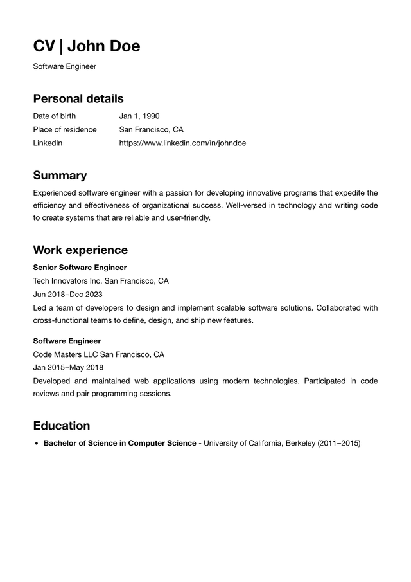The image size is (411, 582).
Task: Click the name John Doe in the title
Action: coord(103,46)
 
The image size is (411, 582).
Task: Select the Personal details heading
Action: coord(78,98)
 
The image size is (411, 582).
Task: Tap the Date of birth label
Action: coord(54,116)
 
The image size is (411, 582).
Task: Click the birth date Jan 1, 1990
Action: coord(139,116)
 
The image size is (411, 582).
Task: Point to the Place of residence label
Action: coord(65,130)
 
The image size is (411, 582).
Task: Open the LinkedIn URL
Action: coord(182,143)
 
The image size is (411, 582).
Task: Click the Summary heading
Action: coord(60,176)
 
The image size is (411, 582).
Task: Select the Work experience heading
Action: coord(80,250)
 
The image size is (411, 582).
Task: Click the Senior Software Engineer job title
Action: coord(80,268)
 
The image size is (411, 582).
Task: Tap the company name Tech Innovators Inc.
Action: coord(67,281)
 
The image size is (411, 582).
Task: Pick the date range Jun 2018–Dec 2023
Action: coord(67,295)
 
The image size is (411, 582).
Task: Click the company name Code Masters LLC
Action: coord(66,354)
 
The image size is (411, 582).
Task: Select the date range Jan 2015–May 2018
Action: coord(68,368)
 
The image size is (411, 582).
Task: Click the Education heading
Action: coord(62,426)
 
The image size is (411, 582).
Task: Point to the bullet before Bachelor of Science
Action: coord(37,444)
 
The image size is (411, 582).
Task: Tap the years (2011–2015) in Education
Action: coord(339,443)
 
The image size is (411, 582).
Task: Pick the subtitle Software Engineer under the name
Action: coord(64,66)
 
